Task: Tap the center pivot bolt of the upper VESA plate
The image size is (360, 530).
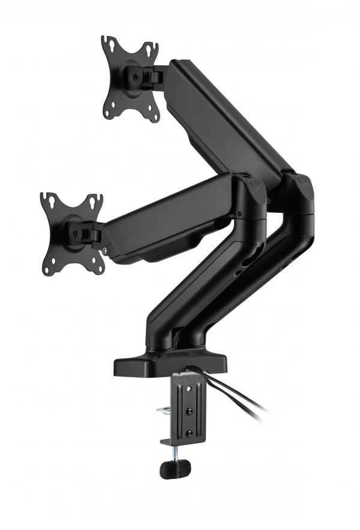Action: (133, 77)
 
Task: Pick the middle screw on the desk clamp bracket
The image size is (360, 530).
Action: (190, 412)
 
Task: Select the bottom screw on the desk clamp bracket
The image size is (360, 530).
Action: (190, 433)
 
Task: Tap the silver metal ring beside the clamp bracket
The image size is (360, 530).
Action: (165, 411)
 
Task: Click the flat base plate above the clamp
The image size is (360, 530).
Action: (171, 363)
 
